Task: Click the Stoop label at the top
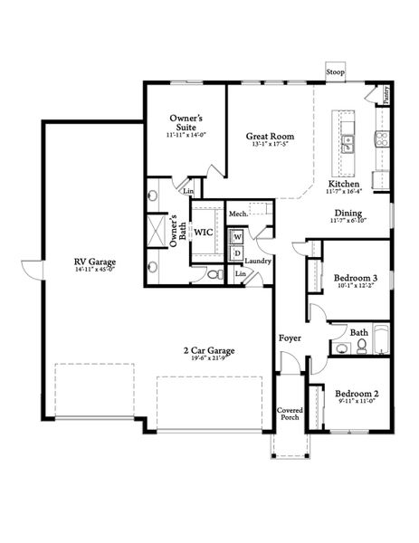[x=336, y=71]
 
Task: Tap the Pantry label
[x=386, y=94]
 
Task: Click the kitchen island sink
[x=348, y=142]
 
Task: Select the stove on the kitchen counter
[x=382, y=139]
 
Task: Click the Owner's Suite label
[x=187, y=123]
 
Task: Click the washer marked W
[x=238, y=236]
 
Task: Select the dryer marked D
[x=238, y=253]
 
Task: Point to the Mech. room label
[x=238, y=214]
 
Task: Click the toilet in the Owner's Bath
[x=214, y=274]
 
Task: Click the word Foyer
[x=290, y=338]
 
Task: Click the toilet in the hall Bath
[x=341, y=348]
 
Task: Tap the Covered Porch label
[x=290, y=414]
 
